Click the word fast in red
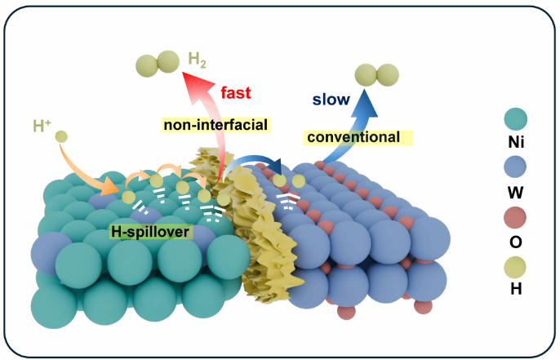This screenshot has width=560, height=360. tap(236, 92)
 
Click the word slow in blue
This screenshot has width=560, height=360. tap(331, 100)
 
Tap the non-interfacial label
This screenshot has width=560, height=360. tap(216, 125)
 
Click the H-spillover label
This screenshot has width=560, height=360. tap(150, 232)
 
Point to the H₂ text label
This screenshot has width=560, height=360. tap(197, 60)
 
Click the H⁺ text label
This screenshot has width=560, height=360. tap(42, 126)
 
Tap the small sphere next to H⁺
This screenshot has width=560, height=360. tap(61, 136)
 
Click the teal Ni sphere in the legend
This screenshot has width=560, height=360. tap(515, 119)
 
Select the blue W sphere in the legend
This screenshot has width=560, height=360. tap(515, 167)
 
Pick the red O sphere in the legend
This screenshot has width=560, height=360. tap(515, 217)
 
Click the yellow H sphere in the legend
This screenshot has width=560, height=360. tap(515, 267)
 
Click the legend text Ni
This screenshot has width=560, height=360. tap(516, 142)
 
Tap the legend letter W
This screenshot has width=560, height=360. tap(516, 193)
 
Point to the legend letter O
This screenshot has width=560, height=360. tap(516, 242)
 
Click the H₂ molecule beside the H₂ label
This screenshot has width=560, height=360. tap(158, 63)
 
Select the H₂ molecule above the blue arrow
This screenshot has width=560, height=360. tap(377, 75)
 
